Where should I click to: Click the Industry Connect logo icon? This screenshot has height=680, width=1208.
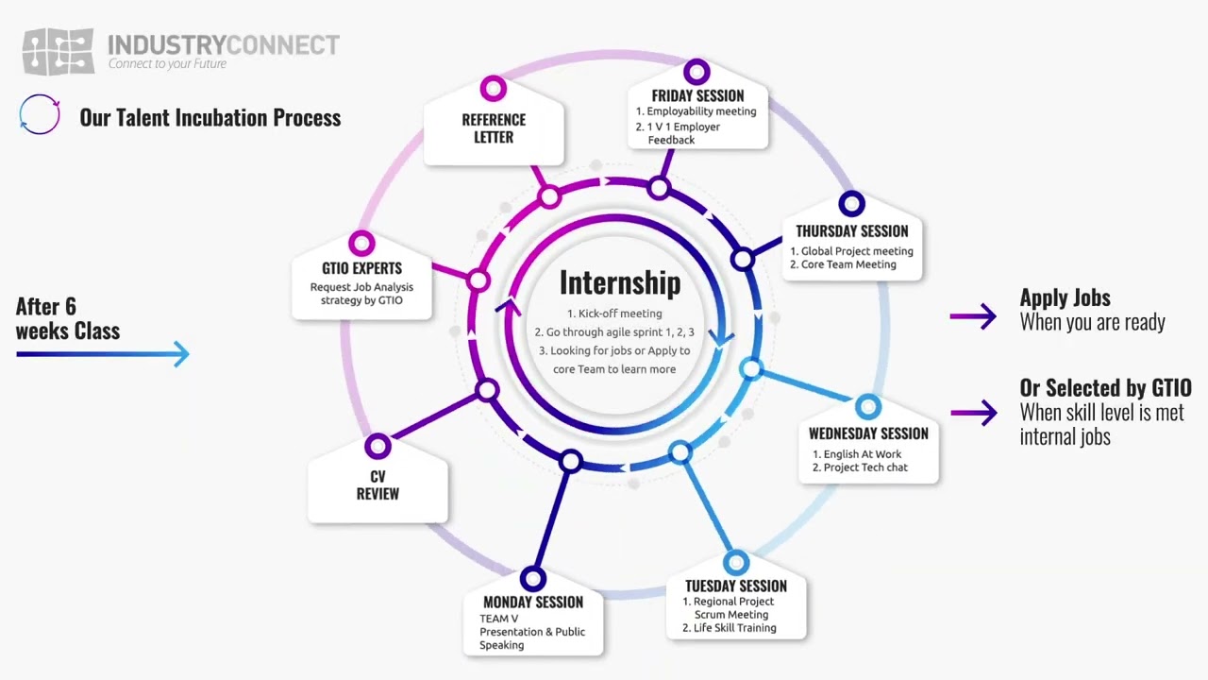[x=59, y=51]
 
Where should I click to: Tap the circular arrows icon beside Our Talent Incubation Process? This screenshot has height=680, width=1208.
[x=40, y=115]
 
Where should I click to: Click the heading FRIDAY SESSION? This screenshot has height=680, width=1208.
[x=697, y=95]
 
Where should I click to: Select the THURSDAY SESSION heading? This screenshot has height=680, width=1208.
[x=851, y=231]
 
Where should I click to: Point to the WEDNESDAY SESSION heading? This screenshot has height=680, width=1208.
[x=868, y=433]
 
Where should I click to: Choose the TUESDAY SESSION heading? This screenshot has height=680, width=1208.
[x=735, y=586]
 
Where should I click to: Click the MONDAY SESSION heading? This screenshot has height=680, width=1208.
[x=532, y=602]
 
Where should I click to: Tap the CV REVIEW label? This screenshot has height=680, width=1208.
[x=377, y=484]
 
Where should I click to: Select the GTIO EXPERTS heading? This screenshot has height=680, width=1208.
[x=361, y=268]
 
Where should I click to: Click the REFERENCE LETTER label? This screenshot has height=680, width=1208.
[x=494, y=128]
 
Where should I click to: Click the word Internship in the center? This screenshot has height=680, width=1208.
[x=619, y=282]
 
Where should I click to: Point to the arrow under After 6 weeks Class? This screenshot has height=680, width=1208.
[x=103, y=354]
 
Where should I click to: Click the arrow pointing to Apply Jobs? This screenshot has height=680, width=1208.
[x=973, y=316]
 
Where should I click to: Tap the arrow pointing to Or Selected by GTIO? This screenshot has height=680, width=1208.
[x=973, y=413]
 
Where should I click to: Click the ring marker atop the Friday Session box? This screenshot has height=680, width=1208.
[x=696, y=72]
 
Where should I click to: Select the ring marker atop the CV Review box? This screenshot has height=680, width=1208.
[x=377, y=446]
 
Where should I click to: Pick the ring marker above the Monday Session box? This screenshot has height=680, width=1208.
[x=532, y=577]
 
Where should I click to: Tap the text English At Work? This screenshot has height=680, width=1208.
[x=862, y=454]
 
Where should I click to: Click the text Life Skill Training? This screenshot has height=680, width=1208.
[x=734, y=628]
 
